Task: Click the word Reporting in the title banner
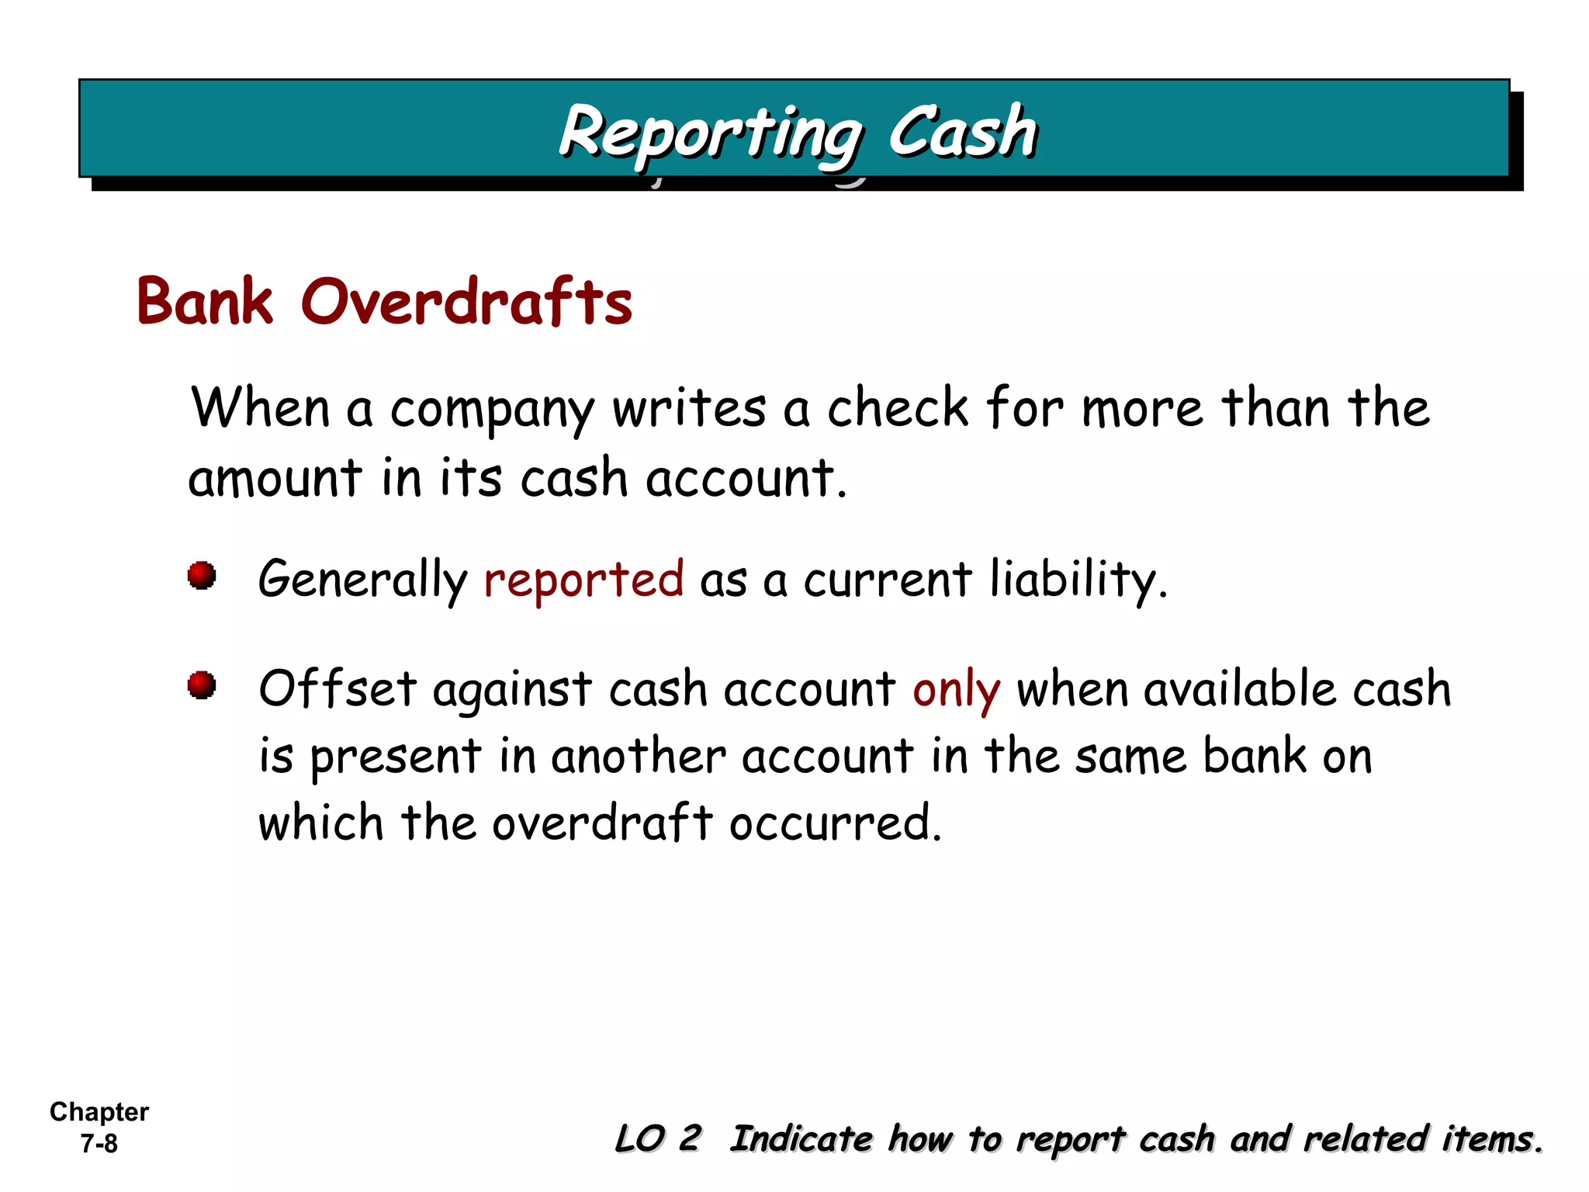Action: click(x=710, y=133)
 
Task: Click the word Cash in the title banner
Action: click(x=961, y=132)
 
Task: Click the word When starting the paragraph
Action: click(x=261, y=407)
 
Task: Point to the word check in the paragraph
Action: click(x=898, y=407)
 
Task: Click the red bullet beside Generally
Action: click(x=202, y=576)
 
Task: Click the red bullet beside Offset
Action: click(x=202, y=685)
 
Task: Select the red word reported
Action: click(x=583, y=579)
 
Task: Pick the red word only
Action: click(x=956, y=689)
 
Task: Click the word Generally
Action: click(x=362, y=579)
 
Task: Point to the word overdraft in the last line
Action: click(x=602, y=823)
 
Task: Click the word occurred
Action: click(x=835, y=823)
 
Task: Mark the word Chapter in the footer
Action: click(x=99, y=1112)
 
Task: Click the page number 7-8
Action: click(x=99, y=1143)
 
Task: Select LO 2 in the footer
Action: click(x=658, y=1138)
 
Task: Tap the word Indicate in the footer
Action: click(x=802, y=1138)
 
